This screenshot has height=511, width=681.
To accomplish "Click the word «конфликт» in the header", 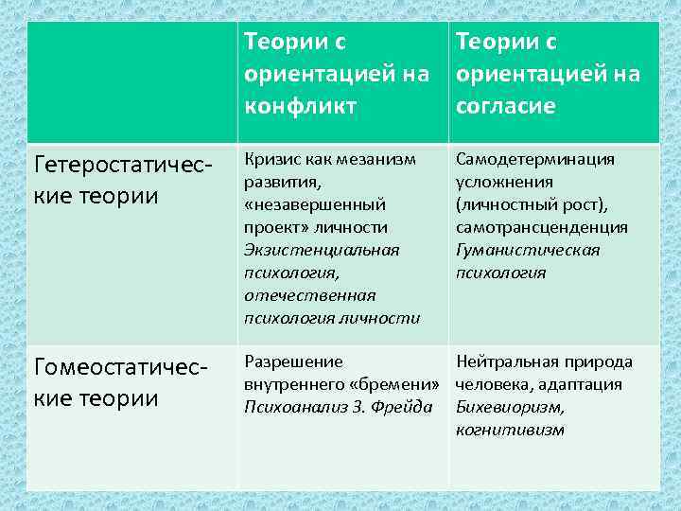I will (300, 106).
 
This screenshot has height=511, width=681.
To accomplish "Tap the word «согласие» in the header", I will (505, 106).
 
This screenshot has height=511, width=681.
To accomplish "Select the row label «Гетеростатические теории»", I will (120, 180).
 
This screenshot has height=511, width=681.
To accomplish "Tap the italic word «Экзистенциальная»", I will (322, 250).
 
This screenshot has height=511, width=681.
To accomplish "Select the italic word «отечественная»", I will (309, 295).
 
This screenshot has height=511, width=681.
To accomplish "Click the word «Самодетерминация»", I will (535, 159).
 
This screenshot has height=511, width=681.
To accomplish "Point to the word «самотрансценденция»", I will (541, 227).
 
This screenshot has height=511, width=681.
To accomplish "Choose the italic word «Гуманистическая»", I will (528, 250).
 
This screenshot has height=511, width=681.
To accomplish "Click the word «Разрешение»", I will (293, 361).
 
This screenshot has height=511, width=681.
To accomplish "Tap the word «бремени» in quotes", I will (401, 384).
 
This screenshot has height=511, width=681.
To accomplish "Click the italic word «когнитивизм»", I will (510, 430).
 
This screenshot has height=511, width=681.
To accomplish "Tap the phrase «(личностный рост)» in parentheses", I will (533, 204).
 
